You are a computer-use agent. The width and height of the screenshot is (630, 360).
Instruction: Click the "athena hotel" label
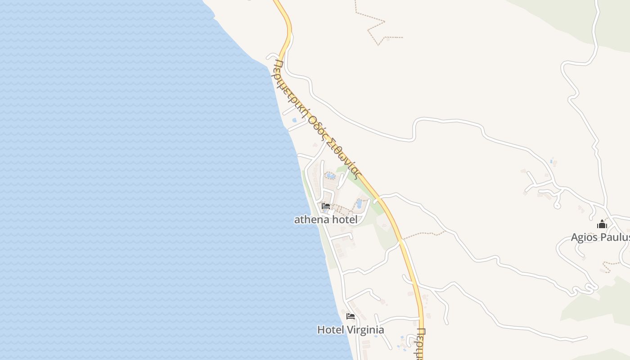click(x=326, y=220)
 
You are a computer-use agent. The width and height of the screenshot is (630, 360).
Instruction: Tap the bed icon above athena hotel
click(x=326, y=206)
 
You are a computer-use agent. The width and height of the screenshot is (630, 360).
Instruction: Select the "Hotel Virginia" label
click(x=351, y=330)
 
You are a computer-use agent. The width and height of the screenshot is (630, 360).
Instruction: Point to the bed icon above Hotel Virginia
click(x=351, y=316)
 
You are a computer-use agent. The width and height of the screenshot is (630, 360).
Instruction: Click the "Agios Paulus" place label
click(x=600, y=237)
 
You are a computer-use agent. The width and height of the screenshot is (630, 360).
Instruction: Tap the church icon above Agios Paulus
click(x=602, y=224)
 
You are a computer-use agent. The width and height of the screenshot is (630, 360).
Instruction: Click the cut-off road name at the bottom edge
click(x=421, y=344)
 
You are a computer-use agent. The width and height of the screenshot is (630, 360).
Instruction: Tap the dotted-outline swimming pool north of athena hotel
click(x=330, y=175)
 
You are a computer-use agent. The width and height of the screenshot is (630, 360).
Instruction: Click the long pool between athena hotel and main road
click(x=359, y=204)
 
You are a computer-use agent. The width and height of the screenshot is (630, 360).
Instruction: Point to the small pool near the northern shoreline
click(x=294, y=120)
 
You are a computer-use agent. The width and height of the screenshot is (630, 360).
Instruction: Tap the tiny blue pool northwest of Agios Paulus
click(x=551, y=161)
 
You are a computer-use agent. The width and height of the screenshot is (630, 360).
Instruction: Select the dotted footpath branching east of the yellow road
click(x=423, y=234)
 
